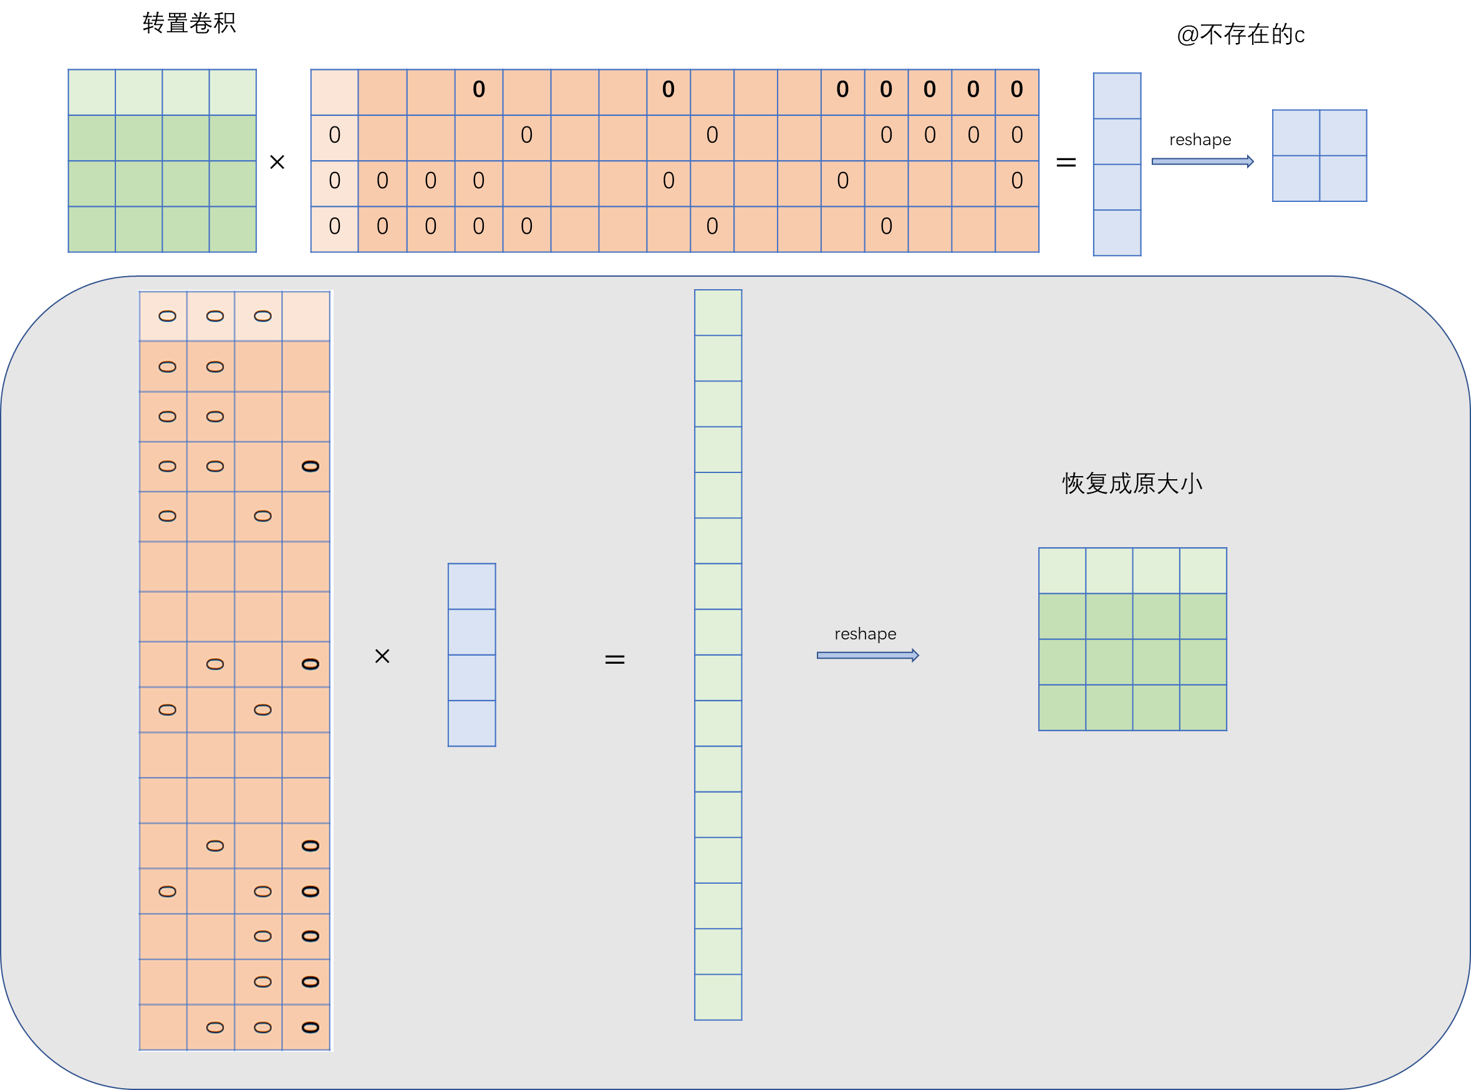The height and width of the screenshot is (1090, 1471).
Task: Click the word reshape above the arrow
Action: [865, 634]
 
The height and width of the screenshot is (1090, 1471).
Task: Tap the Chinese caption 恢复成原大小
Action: [1132, 484]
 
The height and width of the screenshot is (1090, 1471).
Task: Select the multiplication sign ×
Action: [382, 656]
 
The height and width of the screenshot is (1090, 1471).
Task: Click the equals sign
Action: [615, 659]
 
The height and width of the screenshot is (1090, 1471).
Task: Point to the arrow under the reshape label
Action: [867, 655]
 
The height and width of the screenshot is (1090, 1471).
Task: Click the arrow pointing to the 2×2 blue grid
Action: [1202, 161]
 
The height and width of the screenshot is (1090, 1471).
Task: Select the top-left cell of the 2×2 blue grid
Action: [1296, 133]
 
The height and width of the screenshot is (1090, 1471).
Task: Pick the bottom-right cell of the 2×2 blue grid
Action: [1343, 178]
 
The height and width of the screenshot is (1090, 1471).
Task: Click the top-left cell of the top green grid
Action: [92, 92]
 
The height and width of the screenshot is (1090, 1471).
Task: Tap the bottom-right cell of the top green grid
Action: [233, 229]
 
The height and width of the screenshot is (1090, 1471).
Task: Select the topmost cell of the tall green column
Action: [718, 313]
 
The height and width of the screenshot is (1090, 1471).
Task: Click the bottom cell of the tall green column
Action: [718, 997]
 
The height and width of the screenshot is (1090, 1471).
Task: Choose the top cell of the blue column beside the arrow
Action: [1116, 97]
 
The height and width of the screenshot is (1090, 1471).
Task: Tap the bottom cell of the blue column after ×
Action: [471, 723]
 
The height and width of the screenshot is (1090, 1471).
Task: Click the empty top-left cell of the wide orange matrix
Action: [335, 92]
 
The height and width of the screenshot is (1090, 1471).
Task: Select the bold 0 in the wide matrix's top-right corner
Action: [1017, 90]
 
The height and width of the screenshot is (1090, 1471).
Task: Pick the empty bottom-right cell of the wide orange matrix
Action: [1017, 229]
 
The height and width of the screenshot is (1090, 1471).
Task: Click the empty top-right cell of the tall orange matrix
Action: [306, 316]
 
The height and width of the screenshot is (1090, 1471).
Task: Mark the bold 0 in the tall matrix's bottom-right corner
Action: [310, 1027]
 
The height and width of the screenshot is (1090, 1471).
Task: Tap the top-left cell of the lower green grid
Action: [1062, 571]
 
